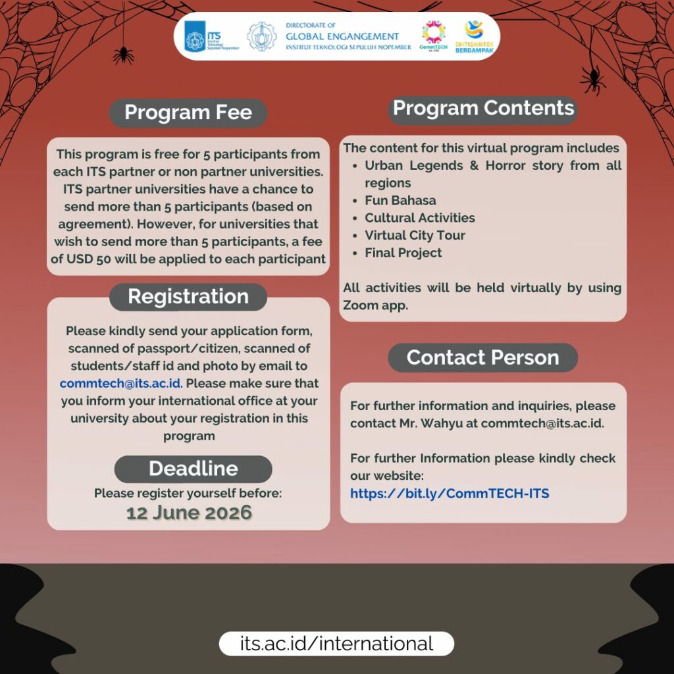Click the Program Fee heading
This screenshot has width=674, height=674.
(188, 113)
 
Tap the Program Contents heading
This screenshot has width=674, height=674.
(483, 109)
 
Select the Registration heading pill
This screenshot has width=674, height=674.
(188, 297)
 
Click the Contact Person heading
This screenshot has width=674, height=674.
(482, 357)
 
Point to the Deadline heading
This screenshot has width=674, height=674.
(193, 469)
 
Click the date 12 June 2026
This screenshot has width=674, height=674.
(189, 513)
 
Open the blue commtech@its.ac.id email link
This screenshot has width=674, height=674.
(120, 383)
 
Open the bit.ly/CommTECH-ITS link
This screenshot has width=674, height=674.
(450, 493)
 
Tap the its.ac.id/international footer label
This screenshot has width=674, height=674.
(336, 643)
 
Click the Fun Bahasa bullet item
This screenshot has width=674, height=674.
(400, 200)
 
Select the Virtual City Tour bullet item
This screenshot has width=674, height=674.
(415, 235)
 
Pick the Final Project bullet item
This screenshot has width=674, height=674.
(403, 253)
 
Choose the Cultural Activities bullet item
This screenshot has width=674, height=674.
(420, 218)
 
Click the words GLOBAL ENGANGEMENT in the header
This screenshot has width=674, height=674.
(342, 37)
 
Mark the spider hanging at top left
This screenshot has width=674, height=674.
(123, 54)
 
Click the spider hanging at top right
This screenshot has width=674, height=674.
(592, 80)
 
